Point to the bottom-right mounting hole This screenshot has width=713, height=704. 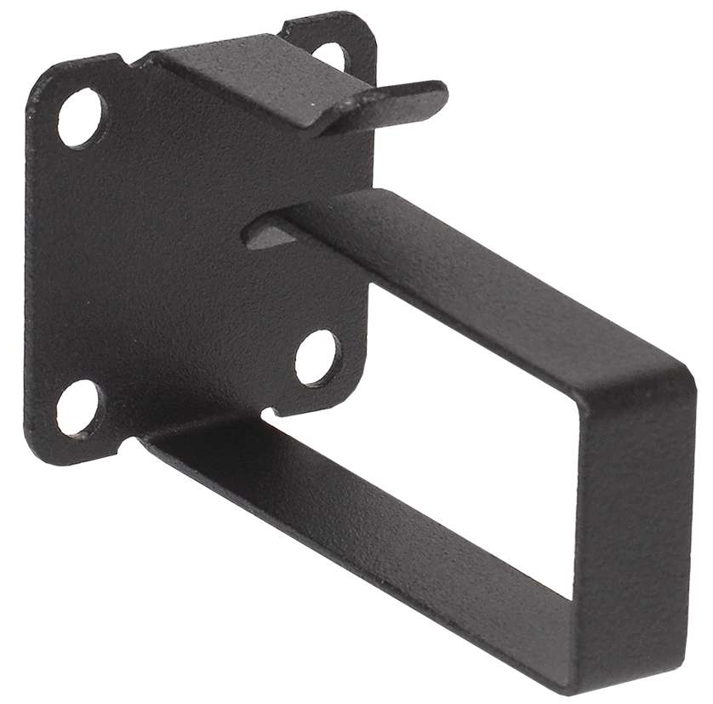point(317,357)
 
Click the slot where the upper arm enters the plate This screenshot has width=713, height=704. point(264,228)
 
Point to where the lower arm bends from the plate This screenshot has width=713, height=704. point(153,438)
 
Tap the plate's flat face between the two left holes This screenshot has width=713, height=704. point(81,255)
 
